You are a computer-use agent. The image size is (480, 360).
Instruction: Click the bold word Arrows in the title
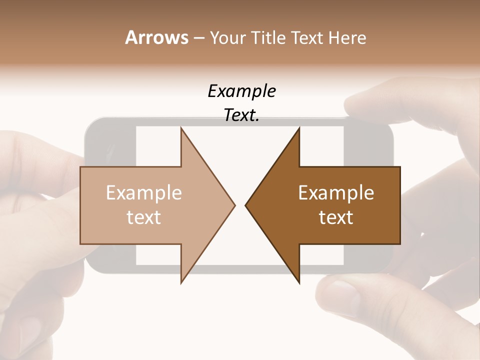point(156,37)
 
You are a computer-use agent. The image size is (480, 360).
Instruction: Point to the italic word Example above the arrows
point(242,91)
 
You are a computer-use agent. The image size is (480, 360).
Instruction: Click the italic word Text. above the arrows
point(242,115)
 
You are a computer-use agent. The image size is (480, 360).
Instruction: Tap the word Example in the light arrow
point(144,192)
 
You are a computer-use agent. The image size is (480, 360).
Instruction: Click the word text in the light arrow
point(144,217)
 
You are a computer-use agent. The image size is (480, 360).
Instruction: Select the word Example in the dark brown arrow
point(336,192)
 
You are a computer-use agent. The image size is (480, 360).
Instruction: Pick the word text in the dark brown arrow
point(336,217)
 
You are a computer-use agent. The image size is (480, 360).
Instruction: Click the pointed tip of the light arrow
point(233,205)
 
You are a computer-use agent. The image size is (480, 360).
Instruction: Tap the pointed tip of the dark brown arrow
point(247,205)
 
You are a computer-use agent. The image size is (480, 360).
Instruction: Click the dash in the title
point(198,38)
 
